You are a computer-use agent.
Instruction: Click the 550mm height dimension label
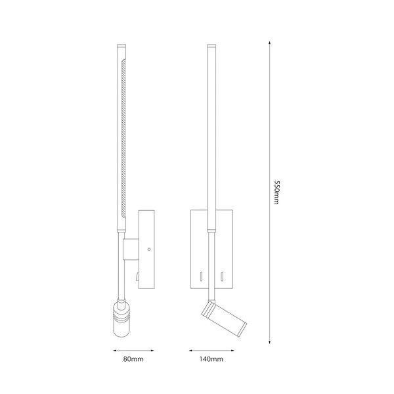pos(277,194)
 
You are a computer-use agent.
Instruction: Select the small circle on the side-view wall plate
pos(149,250)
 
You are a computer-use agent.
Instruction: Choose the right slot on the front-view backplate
pos(223,274)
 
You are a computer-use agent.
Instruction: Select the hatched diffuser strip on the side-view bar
pos(125,138)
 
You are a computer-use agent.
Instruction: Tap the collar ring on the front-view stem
pos(211,230)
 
